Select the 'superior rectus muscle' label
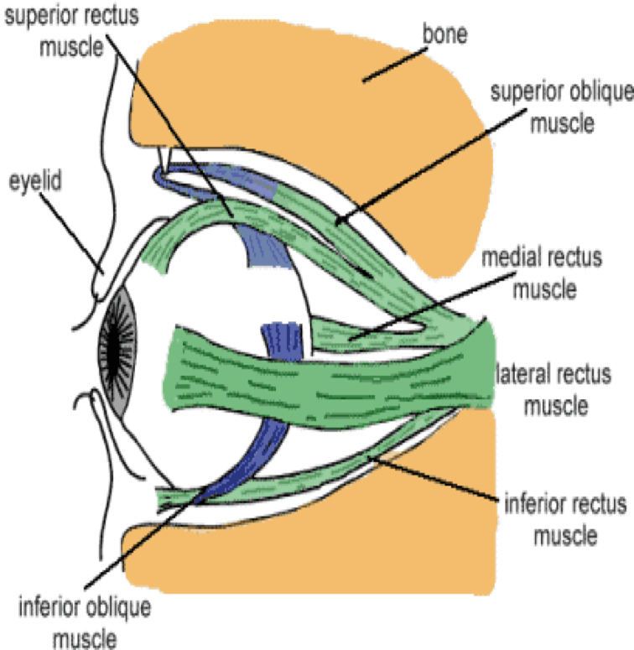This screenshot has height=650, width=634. pyautogui.click(x=58, y=29)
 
